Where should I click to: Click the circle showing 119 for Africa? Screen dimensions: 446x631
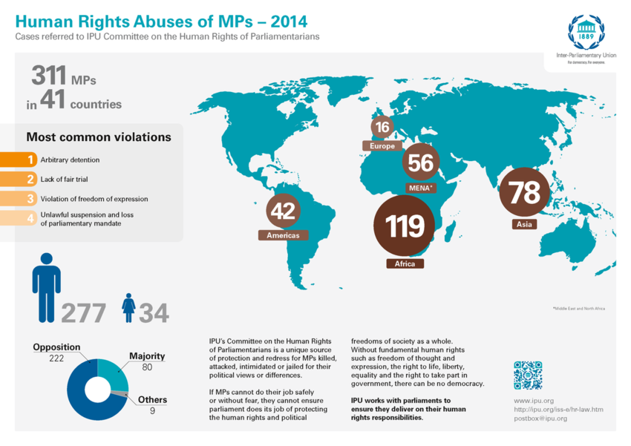[405, 226]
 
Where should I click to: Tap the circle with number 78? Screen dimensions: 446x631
[524, 193]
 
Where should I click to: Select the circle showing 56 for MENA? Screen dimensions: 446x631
[420, 163]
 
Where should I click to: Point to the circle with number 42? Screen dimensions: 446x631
[283, 211]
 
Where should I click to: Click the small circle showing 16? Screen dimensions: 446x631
[383, 127]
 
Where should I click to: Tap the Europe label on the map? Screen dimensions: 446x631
[382, 146]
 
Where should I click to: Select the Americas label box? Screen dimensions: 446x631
[283, 235]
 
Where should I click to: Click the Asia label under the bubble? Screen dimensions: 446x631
[523, 224]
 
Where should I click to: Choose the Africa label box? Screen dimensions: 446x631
[405, 263]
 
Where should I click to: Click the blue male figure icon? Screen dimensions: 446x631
[46, 286]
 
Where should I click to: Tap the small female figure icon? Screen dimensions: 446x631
[129, 307]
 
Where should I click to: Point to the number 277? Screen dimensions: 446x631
[83, 313]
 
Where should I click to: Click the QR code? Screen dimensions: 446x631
[528, 375]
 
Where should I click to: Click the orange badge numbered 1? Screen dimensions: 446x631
[30, 160]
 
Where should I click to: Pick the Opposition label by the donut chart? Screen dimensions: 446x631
[56, 347]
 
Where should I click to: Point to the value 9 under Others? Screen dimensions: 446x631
[152, 410]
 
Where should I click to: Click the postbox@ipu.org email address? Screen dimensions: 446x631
[540, 419]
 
